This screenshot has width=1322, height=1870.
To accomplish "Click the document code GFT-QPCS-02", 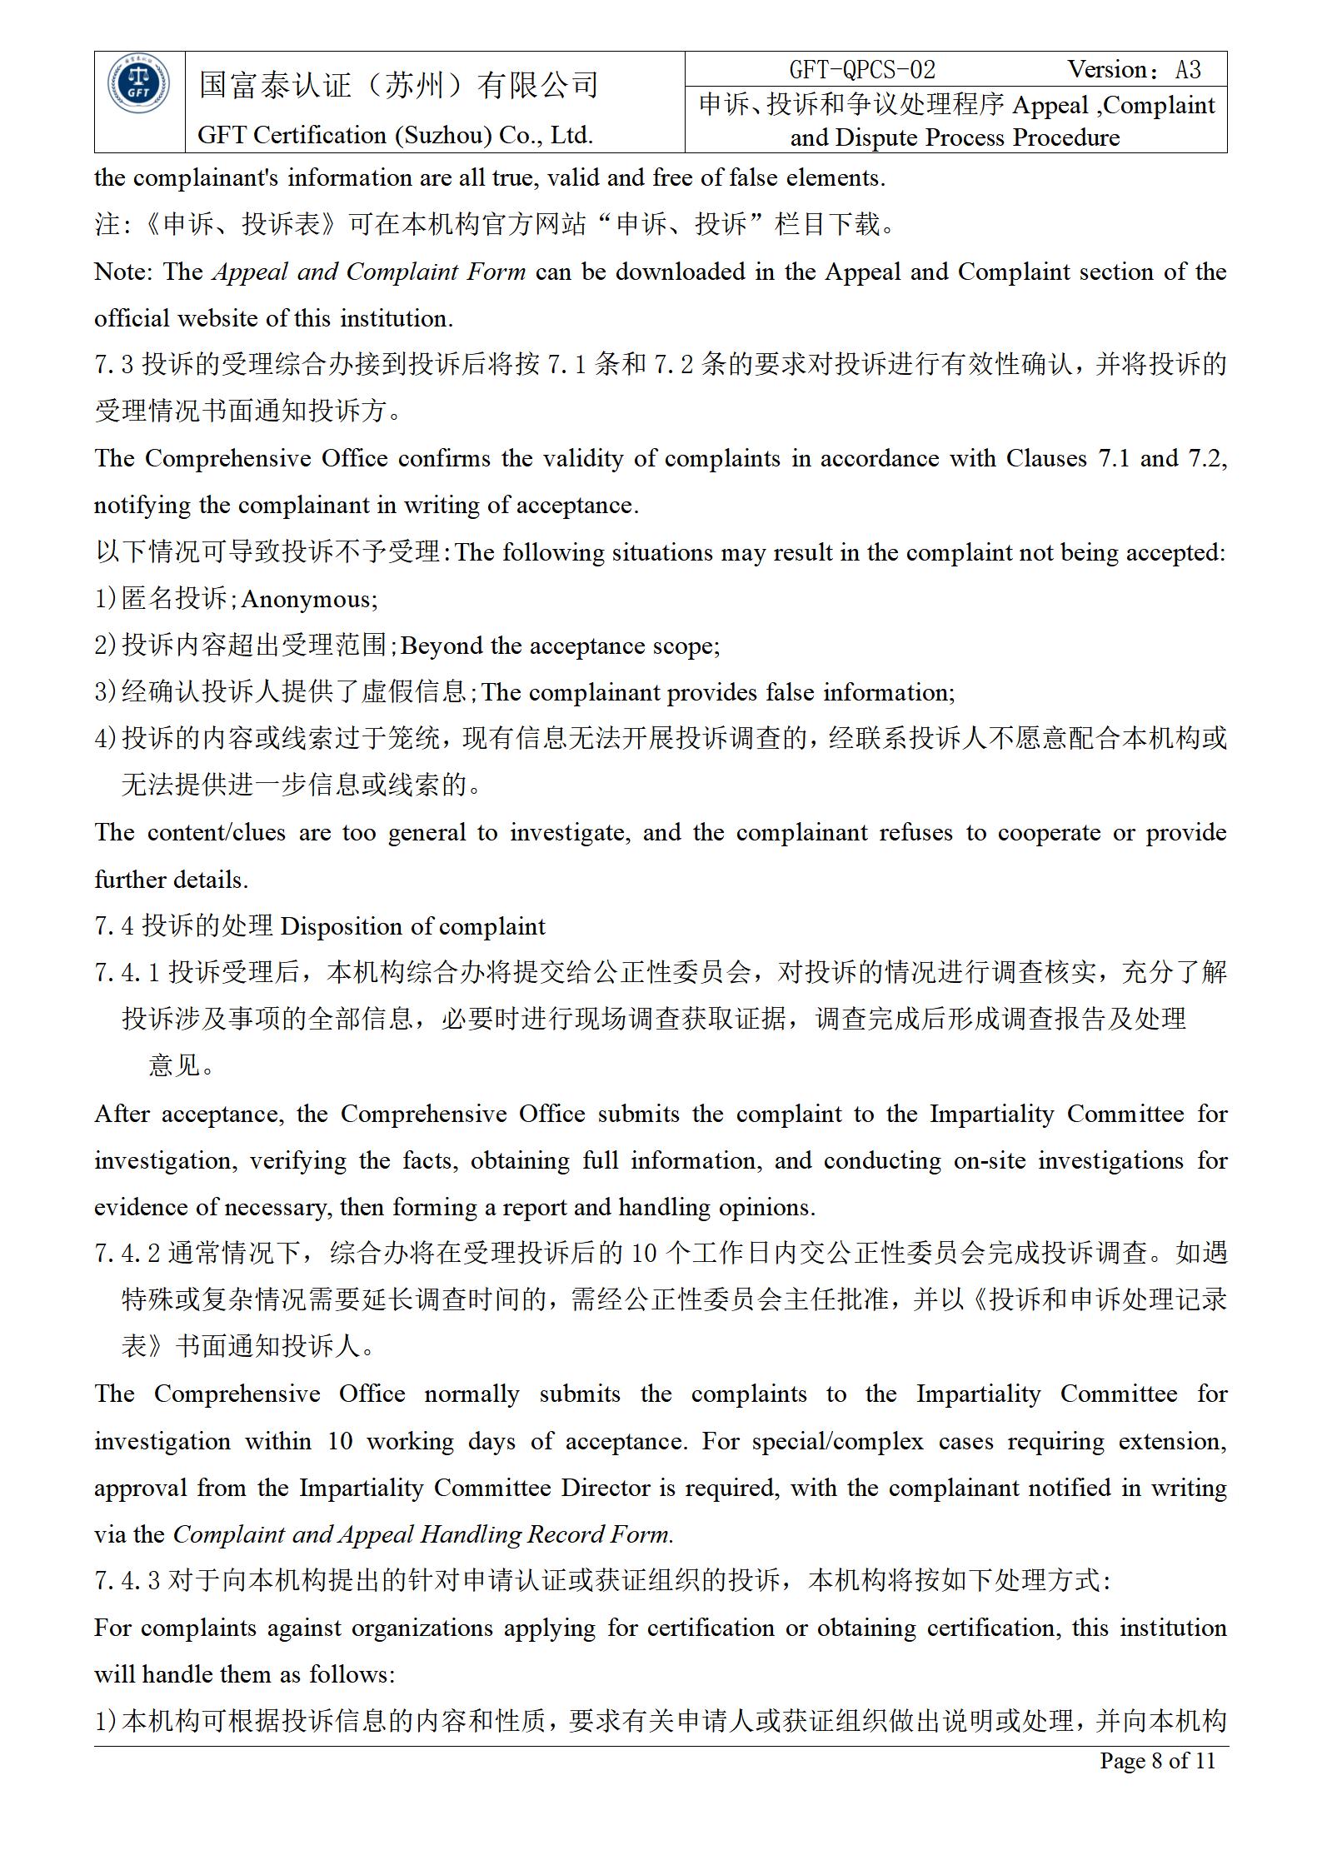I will [862, 70].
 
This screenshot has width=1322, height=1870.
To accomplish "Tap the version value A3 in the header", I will [1188, 70].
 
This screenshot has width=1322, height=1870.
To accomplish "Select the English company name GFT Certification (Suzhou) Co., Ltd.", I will [395, 135].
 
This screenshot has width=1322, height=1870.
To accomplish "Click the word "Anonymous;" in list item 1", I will [309, 600].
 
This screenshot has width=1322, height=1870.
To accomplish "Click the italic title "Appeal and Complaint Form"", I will [369, 272].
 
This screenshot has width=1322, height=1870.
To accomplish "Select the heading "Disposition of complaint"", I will [413, 926].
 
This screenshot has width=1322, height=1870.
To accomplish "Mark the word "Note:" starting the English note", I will [123, 272].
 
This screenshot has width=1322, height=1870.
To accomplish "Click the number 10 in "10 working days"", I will [340, 1441].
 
